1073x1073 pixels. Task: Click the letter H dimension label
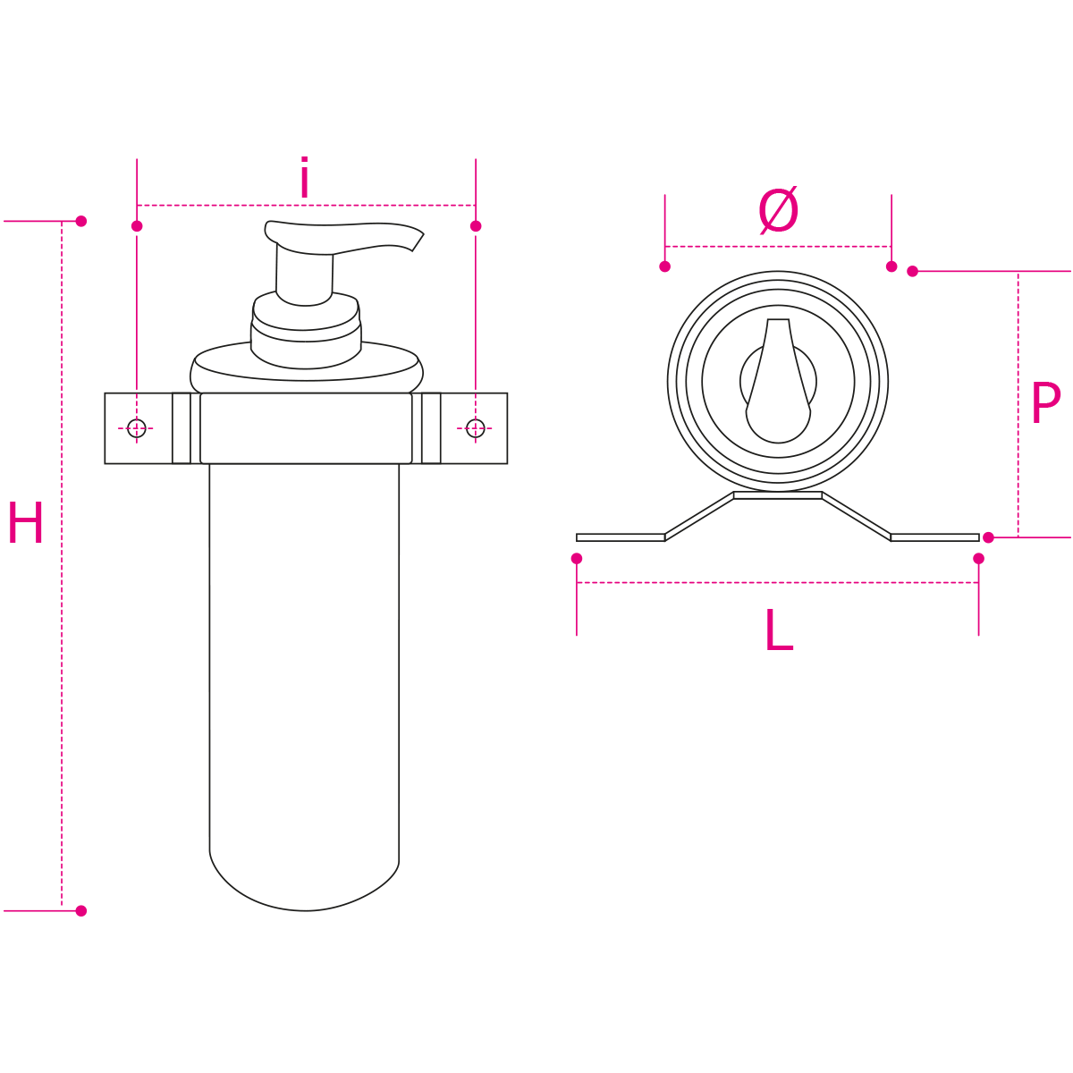tap(26, 522)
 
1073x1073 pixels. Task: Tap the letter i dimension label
tap(304, 177)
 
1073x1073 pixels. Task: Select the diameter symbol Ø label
tap(778, 210)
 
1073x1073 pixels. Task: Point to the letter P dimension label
tap(1045, 403)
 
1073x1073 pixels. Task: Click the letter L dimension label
tap(779, 629)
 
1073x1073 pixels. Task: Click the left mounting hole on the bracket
tap(137, 428)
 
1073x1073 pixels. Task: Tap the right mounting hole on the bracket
tap(475, 428)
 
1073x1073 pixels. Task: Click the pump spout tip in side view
tap(418, 242)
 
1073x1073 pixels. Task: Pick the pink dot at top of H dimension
tap(81, 221)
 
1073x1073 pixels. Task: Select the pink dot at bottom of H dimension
tap(81, 911)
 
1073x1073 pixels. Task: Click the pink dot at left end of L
tap(577, 559)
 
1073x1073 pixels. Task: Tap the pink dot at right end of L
tap(978, 559)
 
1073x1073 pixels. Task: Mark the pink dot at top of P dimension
tap(912, 271)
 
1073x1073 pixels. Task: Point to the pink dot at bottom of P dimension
tap(988, 537)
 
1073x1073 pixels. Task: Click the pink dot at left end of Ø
tap(664, 266)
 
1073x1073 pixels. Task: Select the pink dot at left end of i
tap(137, 226)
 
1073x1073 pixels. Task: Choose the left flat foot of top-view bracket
tap(621, 537)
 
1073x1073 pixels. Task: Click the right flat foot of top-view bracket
tap(935, 537)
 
